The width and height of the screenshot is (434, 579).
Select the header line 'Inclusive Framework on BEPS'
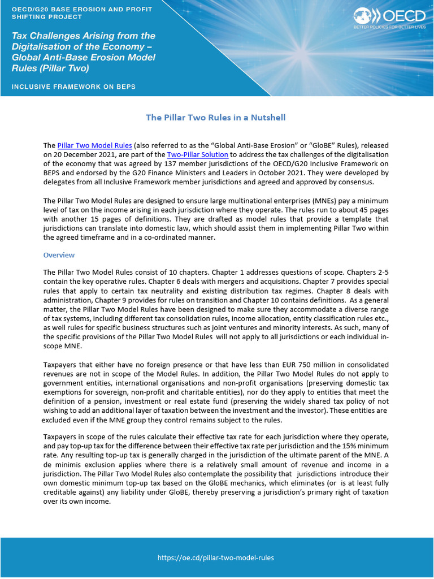click(x=74, y=87)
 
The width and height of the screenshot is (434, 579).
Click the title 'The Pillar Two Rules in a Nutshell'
click(x=216, y=118)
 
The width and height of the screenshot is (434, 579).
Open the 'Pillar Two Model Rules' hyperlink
click(x=95, y=145)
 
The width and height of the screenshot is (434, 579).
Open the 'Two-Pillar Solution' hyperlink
click(x=198, y=154)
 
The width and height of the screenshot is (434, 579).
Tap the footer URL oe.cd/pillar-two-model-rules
click(x=216, y=558)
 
